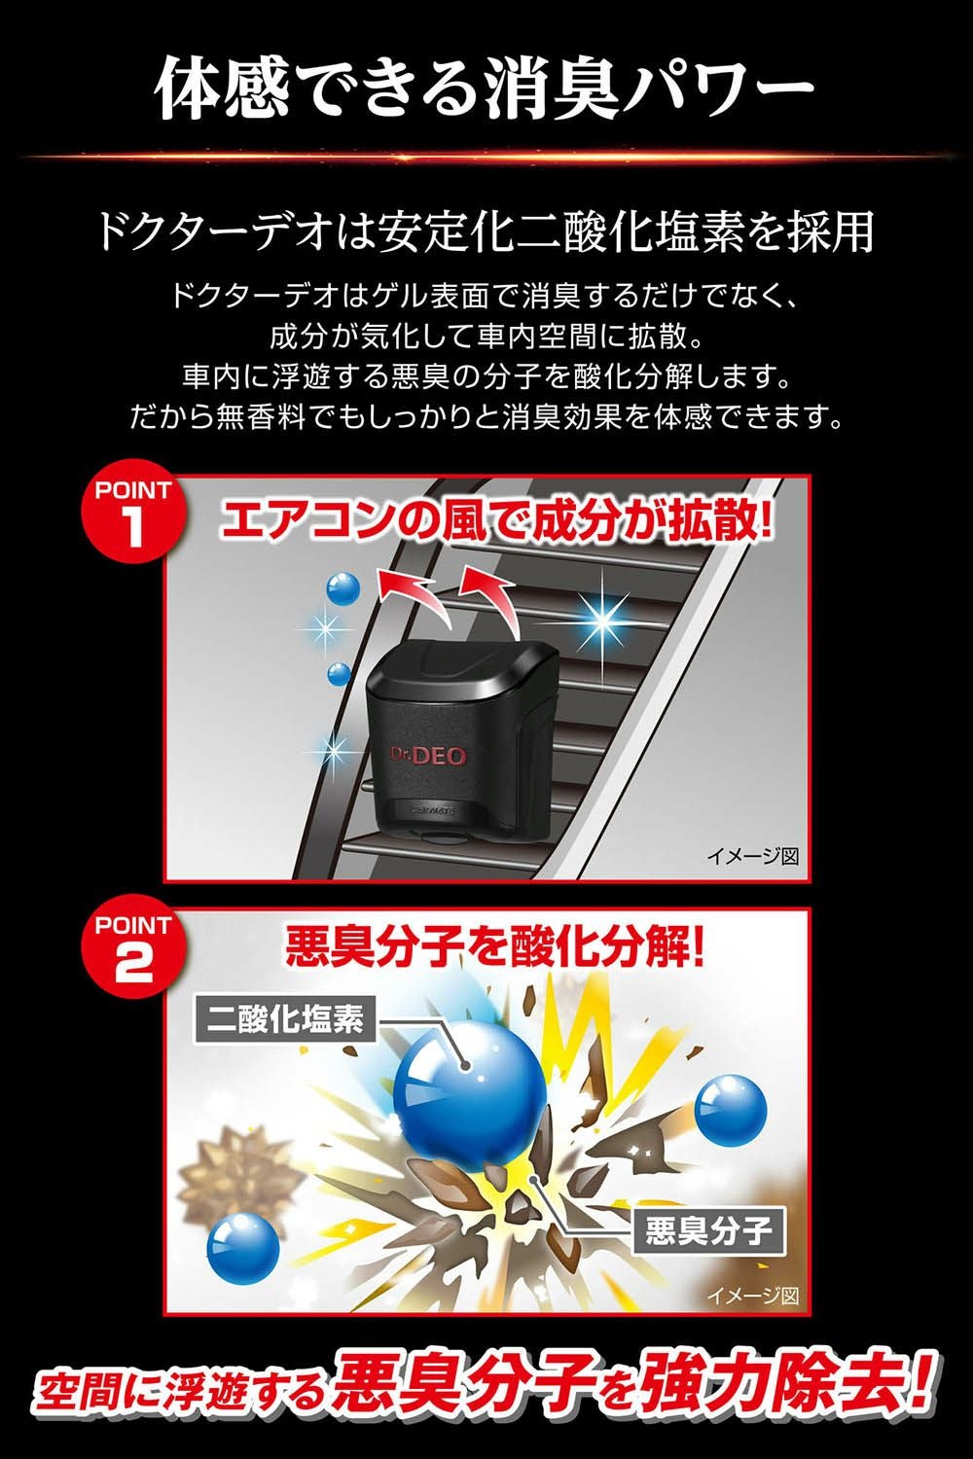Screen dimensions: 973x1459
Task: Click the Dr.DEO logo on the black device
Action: tap(428, 755)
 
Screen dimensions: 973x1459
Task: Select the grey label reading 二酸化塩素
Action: tap(285, 1018)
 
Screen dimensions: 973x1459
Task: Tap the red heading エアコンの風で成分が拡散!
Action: tap(497, 519)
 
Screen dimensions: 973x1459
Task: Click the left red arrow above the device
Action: tap(414, 593)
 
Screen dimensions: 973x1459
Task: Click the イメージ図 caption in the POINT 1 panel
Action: tap(753, 856)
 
